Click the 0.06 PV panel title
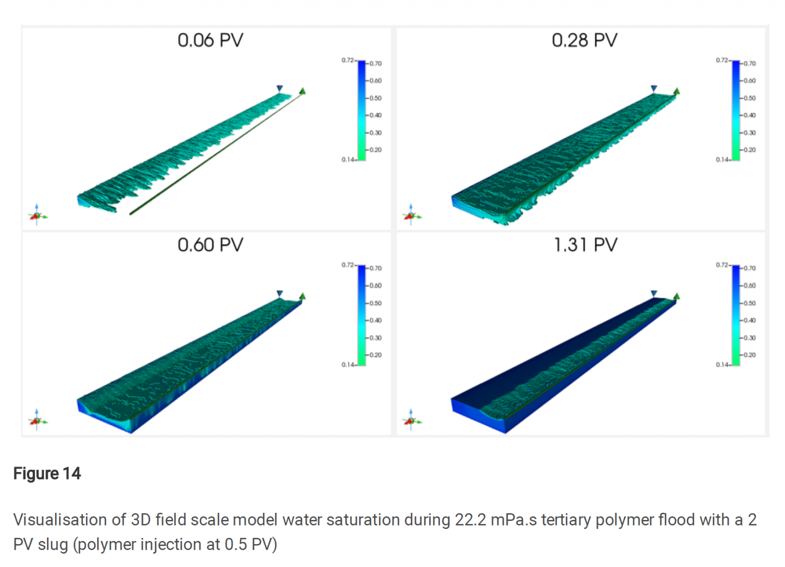click(x=211, y=40)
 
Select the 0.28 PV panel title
click(x=585, y=40)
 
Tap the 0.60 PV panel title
click(x=211, y=245)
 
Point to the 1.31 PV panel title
click(x=586, y=245)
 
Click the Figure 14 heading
click(x=47, y=474)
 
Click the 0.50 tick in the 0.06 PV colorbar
click(x=376, y=98)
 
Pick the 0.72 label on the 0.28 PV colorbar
click(x=722, y=60)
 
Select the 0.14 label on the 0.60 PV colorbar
click(x=348, y=365)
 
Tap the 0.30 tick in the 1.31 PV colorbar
click(x=749, y=338)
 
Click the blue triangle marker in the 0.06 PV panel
click(x=280, y=88)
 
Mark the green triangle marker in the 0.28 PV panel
click(x=677, y=91)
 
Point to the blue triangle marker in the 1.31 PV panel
click(x=654, y=294)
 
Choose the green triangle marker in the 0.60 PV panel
click(x=303, y=296)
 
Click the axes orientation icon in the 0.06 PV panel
click(x=37, y=216)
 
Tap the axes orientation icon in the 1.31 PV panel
click(x=411, y=420)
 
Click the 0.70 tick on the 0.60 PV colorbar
click(x=376, y=268)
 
